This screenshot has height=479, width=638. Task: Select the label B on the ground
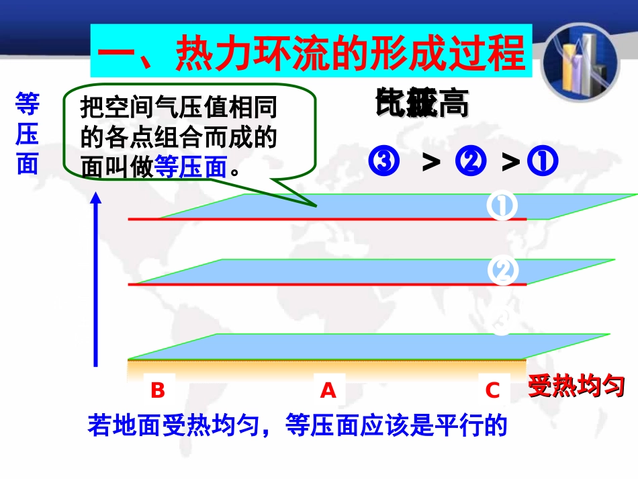pyautogui.click(x=158, y=390)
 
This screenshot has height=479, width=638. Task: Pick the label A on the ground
pyautogui.click(x=328, y=390)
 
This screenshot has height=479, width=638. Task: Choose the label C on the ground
pyautogui.click(x=493, y=390)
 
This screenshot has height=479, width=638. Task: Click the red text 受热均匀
pyautogui.click(x=576, y=387)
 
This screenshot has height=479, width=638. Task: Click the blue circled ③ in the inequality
pyautogui.click(x=385, y=162)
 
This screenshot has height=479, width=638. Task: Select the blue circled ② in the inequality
pyautogui.click(x=470, y=162)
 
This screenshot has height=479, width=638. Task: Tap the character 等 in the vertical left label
pyautogui.click(x=28, y=105)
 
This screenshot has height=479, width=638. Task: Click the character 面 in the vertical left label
pyautogui.click(x=28, y=163)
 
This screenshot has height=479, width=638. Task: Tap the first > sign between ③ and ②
pyautogui.click(x=430, y=162)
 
